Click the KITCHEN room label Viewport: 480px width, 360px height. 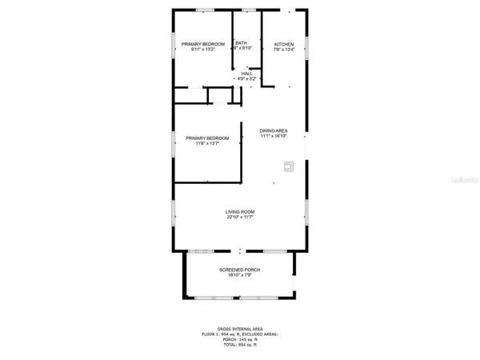coord(285,44)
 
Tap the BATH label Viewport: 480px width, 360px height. coord(241,43)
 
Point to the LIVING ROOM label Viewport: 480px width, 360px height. coord(240,212)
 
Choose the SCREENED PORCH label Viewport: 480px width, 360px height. coord(240,270)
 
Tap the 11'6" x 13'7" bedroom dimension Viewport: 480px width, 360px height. coord(202,144)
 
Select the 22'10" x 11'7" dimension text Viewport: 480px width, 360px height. coord(240,218)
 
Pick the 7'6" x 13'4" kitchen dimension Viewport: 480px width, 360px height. coord(285,49)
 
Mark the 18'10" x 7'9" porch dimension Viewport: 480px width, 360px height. coord(240,275)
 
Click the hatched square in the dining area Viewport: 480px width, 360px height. coord(290,167)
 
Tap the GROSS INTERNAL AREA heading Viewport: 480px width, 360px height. coord(240,330)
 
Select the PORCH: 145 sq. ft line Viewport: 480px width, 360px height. coord(240,340)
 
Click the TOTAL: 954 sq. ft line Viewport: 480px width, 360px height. coord(240,346)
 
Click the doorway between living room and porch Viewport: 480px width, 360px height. coord(240,251)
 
